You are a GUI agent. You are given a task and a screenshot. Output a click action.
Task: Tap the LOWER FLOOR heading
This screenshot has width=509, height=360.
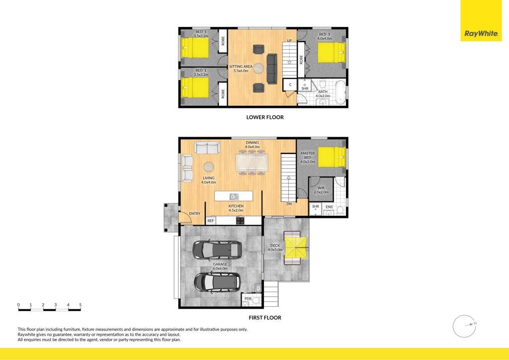pyautogui.click(x=265, y=117)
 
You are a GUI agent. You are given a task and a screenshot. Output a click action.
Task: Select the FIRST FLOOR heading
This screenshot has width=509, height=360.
pyautogui.click(x=265, y=318)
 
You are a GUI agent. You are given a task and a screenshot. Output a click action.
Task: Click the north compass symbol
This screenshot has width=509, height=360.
pyautogui.click(x=465, y=326)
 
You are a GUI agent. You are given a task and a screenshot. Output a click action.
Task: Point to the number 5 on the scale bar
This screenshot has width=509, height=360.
pyautogui.click(x=80, y=305)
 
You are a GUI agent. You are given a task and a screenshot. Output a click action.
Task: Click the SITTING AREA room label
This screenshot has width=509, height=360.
pyautogui.click(x=241, y=69)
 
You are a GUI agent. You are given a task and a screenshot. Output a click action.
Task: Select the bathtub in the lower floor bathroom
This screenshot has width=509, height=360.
pyautogui.click(x=341, y=92)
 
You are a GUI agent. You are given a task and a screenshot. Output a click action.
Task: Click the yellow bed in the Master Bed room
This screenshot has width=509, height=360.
pyautogui.click(x=332, y=157)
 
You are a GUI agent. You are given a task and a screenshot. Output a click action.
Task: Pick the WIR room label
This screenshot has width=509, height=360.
pyautogui.click(x=321, y=188)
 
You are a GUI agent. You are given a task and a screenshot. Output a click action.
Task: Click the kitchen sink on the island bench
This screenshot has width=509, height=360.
pyautogui.click(x=234, y=196)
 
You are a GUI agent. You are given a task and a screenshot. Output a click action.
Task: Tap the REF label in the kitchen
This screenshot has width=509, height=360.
pyautogui.click(x=210, y=221)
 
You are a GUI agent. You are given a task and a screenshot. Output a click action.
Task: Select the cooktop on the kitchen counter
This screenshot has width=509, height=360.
pyautogui.click(x=240, y=221)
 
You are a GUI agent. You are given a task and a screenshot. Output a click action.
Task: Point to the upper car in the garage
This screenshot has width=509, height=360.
pyautogui.click(x=217, y=250)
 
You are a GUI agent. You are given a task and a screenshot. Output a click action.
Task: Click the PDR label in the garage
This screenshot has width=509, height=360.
pyautogui.click(x=248, y=299)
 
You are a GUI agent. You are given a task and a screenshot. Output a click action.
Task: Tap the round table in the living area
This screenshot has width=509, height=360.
pyautogui.click(x=209, y=167)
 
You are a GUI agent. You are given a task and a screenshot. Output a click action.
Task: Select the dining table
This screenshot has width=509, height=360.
pyautogui.click(x=252, y=162)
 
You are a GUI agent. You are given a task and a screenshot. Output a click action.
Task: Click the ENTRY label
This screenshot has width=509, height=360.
pyautogui.click(x=194, y=214)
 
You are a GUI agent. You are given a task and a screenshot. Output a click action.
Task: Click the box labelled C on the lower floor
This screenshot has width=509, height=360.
pyautogui.click(x=290, y=85)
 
